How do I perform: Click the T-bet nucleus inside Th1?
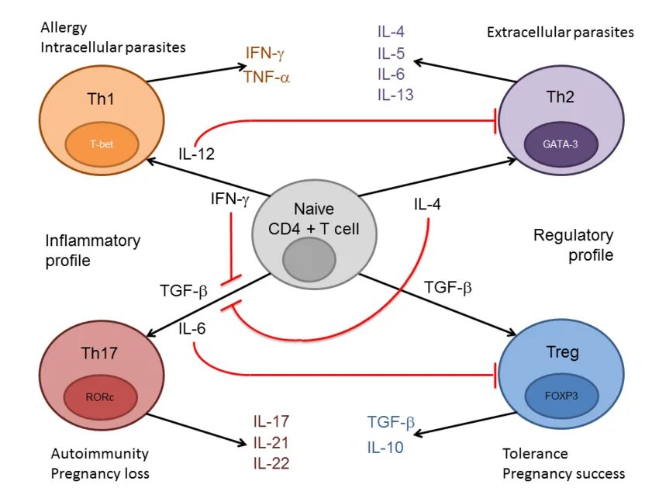(102, 144)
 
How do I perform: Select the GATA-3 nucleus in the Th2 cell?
(561, 144)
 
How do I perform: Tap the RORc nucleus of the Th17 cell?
(101, 397)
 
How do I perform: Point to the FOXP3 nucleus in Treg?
(561, 396)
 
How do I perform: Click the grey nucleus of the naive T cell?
(309, 259)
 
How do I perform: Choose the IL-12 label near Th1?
(196, 154)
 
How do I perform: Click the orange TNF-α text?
(267, 78)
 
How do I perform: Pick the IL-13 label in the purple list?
(395, 95)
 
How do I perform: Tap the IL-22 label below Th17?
(271, 463)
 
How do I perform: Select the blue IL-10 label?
(385, 447)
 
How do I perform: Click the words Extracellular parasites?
(561, 33)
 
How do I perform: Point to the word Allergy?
(64, 29)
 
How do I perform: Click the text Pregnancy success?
(564, 474)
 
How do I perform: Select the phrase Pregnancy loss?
(100, 474)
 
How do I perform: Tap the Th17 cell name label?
(99, 353)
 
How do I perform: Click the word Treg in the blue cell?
(562, 352)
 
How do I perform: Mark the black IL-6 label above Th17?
(192, 328)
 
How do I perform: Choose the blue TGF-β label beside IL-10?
(392, 422)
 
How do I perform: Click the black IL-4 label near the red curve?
(427, 204)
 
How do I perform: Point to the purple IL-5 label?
(391, 54)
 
